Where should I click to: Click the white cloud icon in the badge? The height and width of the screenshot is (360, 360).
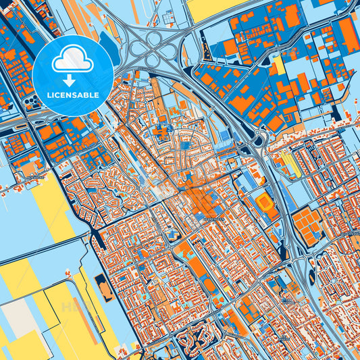coord(72,61)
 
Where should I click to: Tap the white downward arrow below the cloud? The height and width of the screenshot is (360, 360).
coord(72,78)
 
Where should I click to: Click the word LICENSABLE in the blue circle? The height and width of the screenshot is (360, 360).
coord(72,95)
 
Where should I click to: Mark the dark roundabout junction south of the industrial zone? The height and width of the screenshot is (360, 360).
coord(255,140)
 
